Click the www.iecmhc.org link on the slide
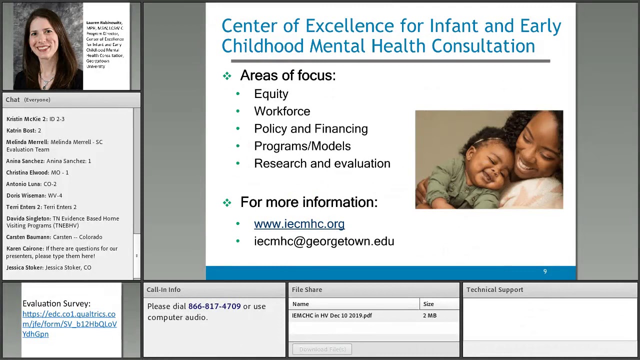(x=299, y=224)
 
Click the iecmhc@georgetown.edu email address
(x=323, y=241)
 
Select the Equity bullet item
(x=271, y=94)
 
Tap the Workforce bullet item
(x=281, y=111)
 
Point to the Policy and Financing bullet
(x=310, y=129)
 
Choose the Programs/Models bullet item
(x=302, y=146)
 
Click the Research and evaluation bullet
(x=321, y=163)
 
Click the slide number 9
(x=545, y=271)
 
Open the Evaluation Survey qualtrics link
(x=69, y=324)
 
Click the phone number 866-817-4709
(x=214, y=306)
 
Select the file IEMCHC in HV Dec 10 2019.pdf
(x=332, y=315)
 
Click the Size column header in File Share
(x=428, y=304)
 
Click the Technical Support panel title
(x=494, y=289)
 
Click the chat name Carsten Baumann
(x=28, y=237)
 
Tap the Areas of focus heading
(x=287, y=75)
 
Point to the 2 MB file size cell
(x=429, y=315)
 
